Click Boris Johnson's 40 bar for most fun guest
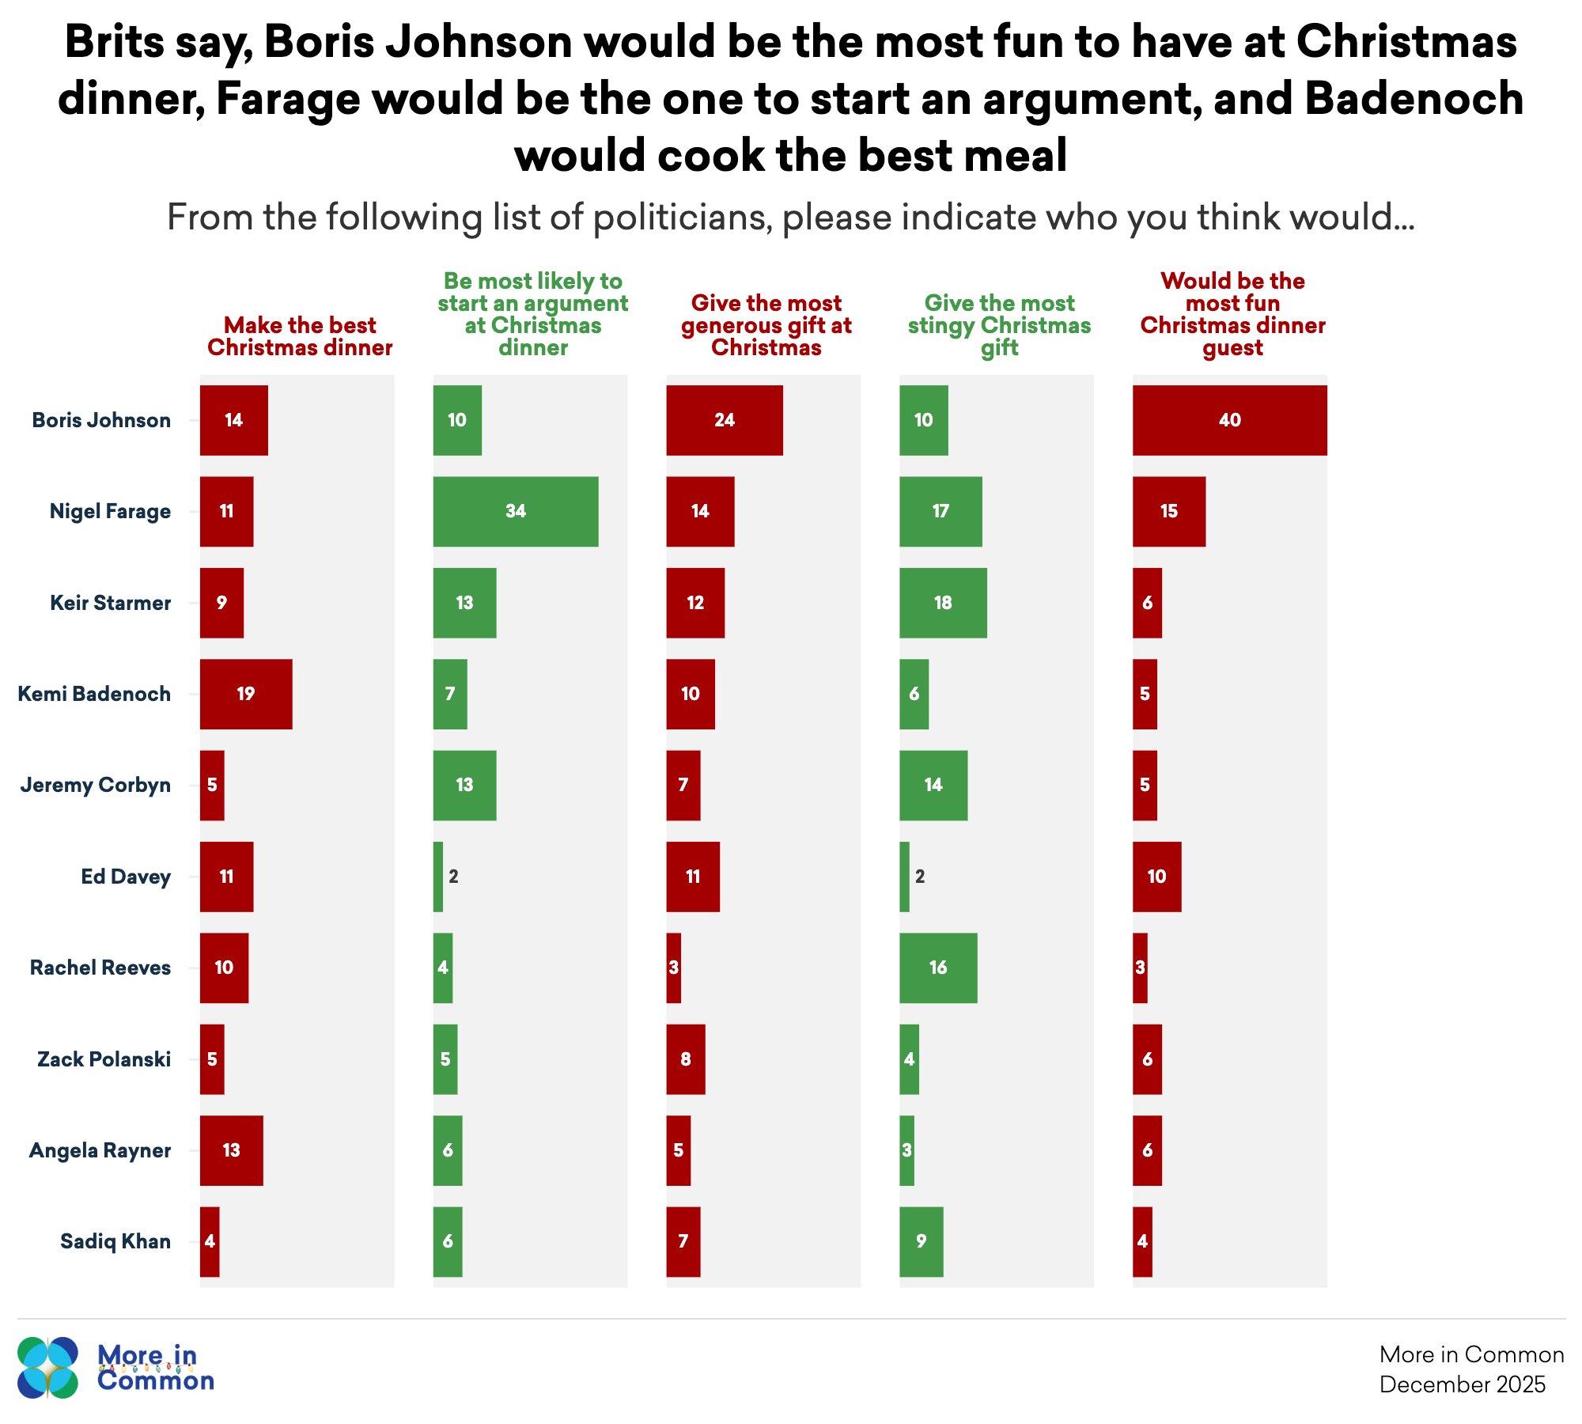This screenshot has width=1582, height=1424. [x=1229, y=420]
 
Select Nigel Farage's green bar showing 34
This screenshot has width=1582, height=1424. [x=515, y=511]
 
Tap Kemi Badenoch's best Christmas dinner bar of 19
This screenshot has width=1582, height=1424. [x=245, y=694]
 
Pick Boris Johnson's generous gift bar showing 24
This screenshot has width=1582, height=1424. [x=724, y=420]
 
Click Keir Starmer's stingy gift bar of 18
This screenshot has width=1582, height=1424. [x=943, y=603]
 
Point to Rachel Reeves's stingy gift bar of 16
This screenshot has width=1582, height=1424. [x=938, y=968]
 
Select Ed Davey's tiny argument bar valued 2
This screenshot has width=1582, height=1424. [x=438, y=877]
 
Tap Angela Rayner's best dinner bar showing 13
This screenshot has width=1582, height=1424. [x=231, y=1150]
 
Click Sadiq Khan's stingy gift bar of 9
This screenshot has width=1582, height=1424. [x=921, y=1241]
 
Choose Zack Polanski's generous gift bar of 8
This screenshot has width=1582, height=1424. [x=685, y=1059]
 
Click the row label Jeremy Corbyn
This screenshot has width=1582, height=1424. [x=96, y=785]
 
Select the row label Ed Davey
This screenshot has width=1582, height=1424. [x=126, y=877]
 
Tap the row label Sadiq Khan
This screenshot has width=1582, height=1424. [x=115, y=1241]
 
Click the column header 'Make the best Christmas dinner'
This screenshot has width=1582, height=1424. [x=300, y=336]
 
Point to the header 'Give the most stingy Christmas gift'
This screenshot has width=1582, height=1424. [x=999, y=325]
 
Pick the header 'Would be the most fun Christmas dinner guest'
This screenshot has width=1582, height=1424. [x=1232, y=314]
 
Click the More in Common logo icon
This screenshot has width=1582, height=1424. [x=47, y=1368]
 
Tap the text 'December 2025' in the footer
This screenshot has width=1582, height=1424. [x=1462, y=1384]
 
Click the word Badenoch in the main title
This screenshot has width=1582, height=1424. [x=1414, y=99]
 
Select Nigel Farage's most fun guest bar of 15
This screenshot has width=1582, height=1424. [x=1168, y=511]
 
